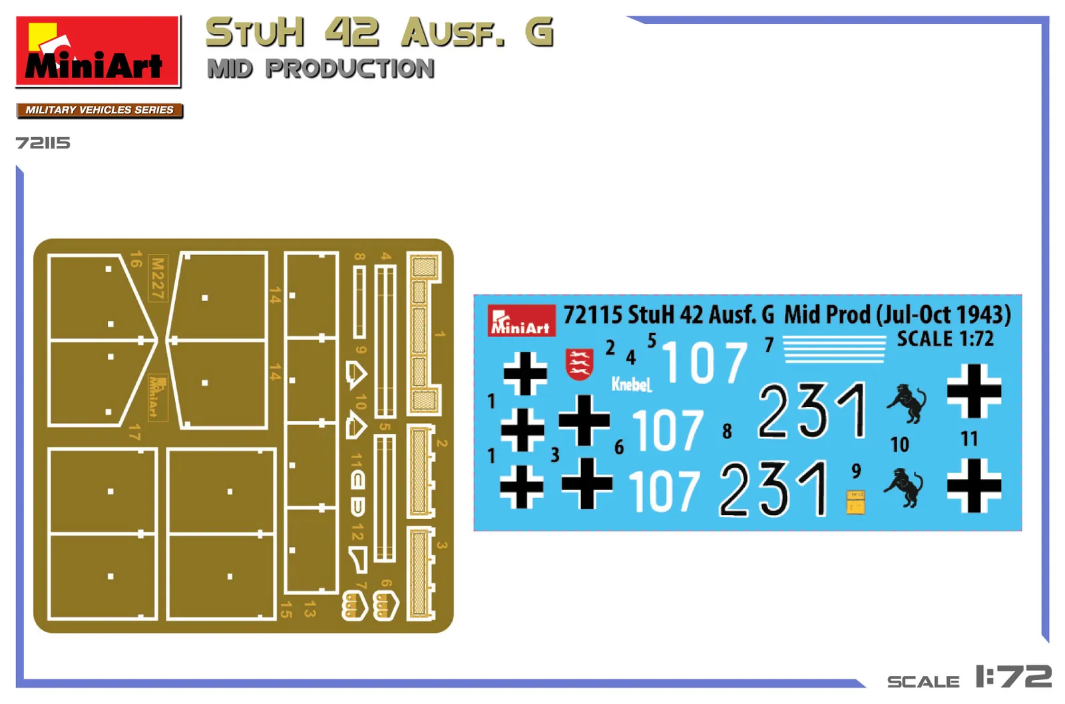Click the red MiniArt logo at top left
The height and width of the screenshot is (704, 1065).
coord(98,51)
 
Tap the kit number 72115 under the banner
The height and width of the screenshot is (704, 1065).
coord(43,143)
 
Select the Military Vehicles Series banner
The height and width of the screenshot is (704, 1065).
coord(99,110)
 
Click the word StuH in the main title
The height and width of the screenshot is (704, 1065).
coord(255,33)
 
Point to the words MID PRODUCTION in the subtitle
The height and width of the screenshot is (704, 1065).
coord(321,69)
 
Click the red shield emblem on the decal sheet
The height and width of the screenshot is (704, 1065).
coord(579,364)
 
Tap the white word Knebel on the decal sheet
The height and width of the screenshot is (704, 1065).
coord(631,384)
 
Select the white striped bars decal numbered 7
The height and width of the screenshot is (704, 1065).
coord(834,349)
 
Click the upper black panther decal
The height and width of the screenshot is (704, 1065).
coord(907,402)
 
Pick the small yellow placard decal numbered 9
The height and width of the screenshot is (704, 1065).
coord(855,502)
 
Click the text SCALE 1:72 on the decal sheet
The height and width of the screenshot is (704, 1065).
coord(945,339)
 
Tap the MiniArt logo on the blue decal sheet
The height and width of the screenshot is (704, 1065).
coord(521,320)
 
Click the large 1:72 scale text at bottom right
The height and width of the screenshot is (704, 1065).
coord(1013,677)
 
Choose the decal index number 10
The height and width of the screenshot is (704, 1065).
coord(899,444)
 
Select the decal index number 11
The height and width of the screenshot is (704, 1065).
coord(969,439)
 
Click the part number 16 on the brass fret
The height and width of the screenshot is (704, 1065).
coord(136,259)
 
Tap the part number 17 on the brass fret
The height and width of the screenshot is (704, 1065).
coord(134,432)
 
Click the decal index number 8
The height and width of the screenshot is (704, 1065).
coord(727,432)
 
